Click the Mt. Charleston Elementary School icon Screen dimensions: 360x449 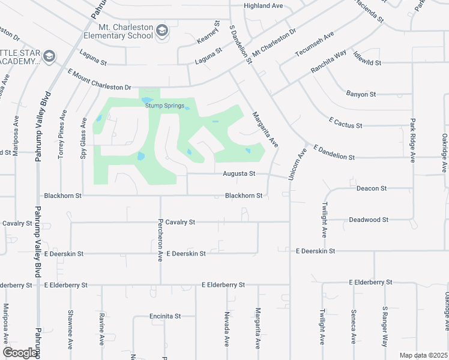click(x=161, y=30)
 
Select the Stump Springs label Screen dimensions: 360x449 click(x=164, y=106)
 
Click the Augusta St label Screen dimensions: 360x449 click(x=240, y=174)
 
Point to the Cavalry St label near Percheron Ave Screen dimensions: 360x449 click(x=181, y=222)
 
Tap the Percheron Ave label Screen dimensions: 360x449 click(x=160, y=246)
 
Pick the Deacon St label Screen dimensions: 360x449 click(x=371, y=188)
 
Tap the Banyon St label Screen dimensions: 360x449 click(x=361, y=94)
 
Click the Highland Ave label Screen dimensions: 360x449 click(x=263, y=6)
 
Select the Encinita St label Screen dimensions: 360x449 click(x=165, y=316)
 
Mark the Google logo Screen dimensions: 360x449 click(x=20, y=352)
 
